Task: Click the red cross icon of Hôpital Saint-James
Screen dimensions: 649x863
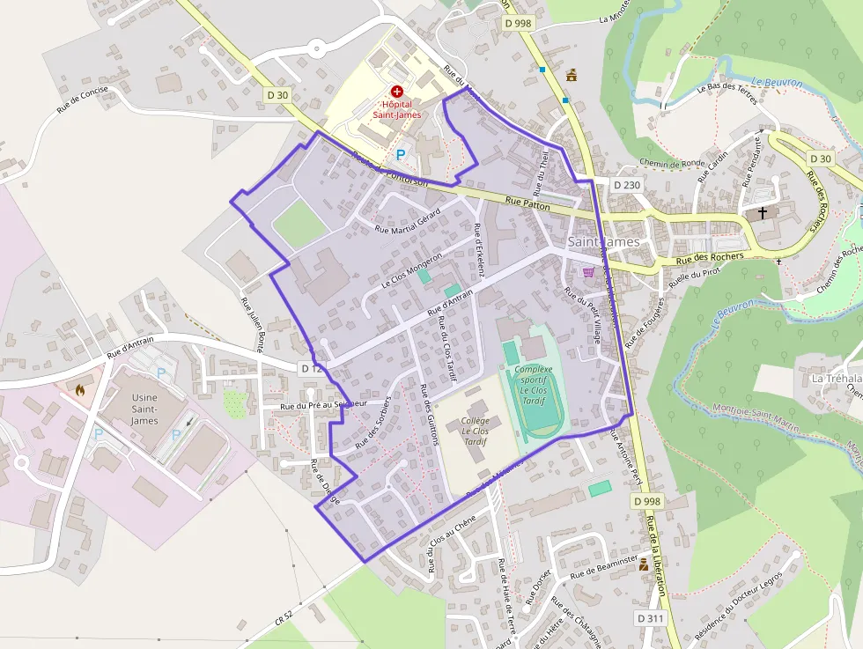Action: [397, 91]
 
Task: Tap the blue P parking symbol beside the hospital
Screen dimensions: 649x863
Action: [401, 154]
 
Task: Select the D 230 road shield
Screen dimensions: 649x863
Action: [626, 185]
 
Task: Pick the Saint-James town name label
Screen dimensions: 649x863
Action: [603, 241]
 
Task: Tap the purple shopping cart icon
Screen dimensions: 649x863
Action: [588, 272]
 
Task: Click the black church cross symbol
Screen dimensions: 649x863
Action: [763, 212]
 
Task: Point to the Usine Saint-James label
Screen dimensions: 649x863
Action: [144, 409]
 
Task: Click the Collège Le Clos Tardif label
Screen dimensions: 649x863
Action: [476, 431]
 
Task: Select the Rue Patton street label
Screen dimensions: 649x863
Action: [527, 204]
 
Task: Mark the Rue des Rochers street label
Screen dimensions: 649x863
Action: [710, 259]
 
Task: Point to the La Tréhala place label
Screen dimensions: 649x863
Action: [831, 378]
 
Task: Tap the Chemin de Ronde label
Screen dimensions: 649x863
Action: [674, 164]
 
